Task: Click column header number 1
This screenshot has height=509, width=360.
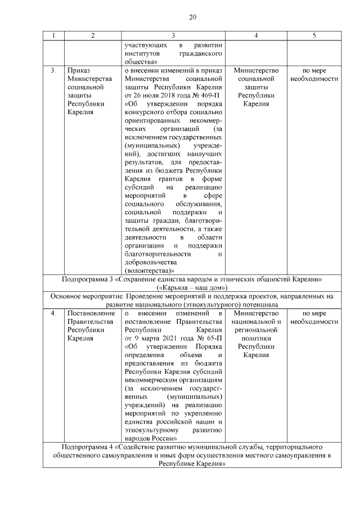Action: (53, 36)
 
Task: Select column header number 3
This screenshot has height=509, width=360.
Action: (173, 36)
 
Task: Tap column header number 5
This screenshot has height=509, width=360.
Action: (314, 36)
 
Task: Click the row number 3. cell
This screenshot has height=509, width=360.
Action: (53, 70)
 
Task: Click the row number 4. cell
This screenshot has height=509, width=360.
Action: (53, 313)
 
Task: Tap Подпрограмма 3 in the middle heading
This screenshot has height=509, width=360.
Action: (86, 279)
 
